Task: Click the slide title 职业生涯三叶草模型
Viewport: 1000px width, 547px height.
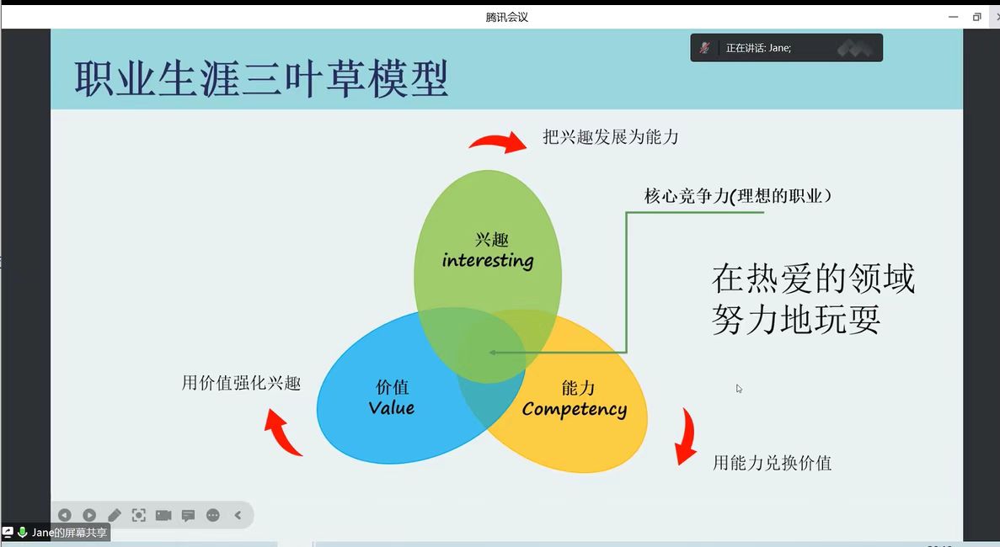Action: pos(261,79)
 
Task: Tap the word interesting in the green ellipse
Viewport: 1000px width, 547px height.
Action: pos(488,260)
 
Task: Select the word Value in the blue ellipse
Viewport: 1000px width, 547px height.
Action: pos(392,407)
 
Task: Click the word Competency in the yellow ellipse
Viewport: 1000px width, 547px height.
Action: pos(574,410)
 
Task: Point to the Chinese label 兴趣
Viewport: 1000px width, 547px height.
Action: pos(492,240)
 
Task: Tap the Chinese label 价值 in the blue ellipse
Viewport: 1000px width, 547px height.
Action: pos(393,386)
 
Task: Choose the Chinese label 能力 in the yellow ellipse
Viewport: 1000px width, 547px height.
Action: pos(578,387)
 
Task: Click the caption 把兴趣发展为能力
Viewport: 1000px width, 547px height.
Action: pos(610,137)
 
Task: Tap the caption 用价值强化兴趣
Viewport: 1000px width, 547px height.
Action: pos(241,383)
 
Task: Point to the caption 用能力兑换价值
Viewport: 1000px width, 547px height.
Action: pos(772,463)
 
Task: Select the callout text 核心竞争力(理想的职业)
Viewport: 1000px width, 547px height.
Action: pos(738,195)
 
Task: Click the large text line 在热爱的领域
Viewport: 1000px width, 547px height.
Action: pos(813,279)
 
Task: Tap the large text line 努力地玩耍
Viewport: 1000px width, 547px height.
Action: pos(796,319)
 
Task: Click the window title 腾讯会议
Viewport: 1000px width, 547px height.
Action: pos(506,17)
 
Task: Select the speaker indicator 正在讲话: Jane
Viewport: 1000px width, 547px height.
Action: pos(758,48)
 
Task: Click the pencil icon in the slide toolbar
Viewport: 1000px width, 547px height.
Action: pos(115,515)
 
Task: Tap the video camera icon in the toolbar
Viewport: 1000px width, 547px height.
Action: pos(163,515)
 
